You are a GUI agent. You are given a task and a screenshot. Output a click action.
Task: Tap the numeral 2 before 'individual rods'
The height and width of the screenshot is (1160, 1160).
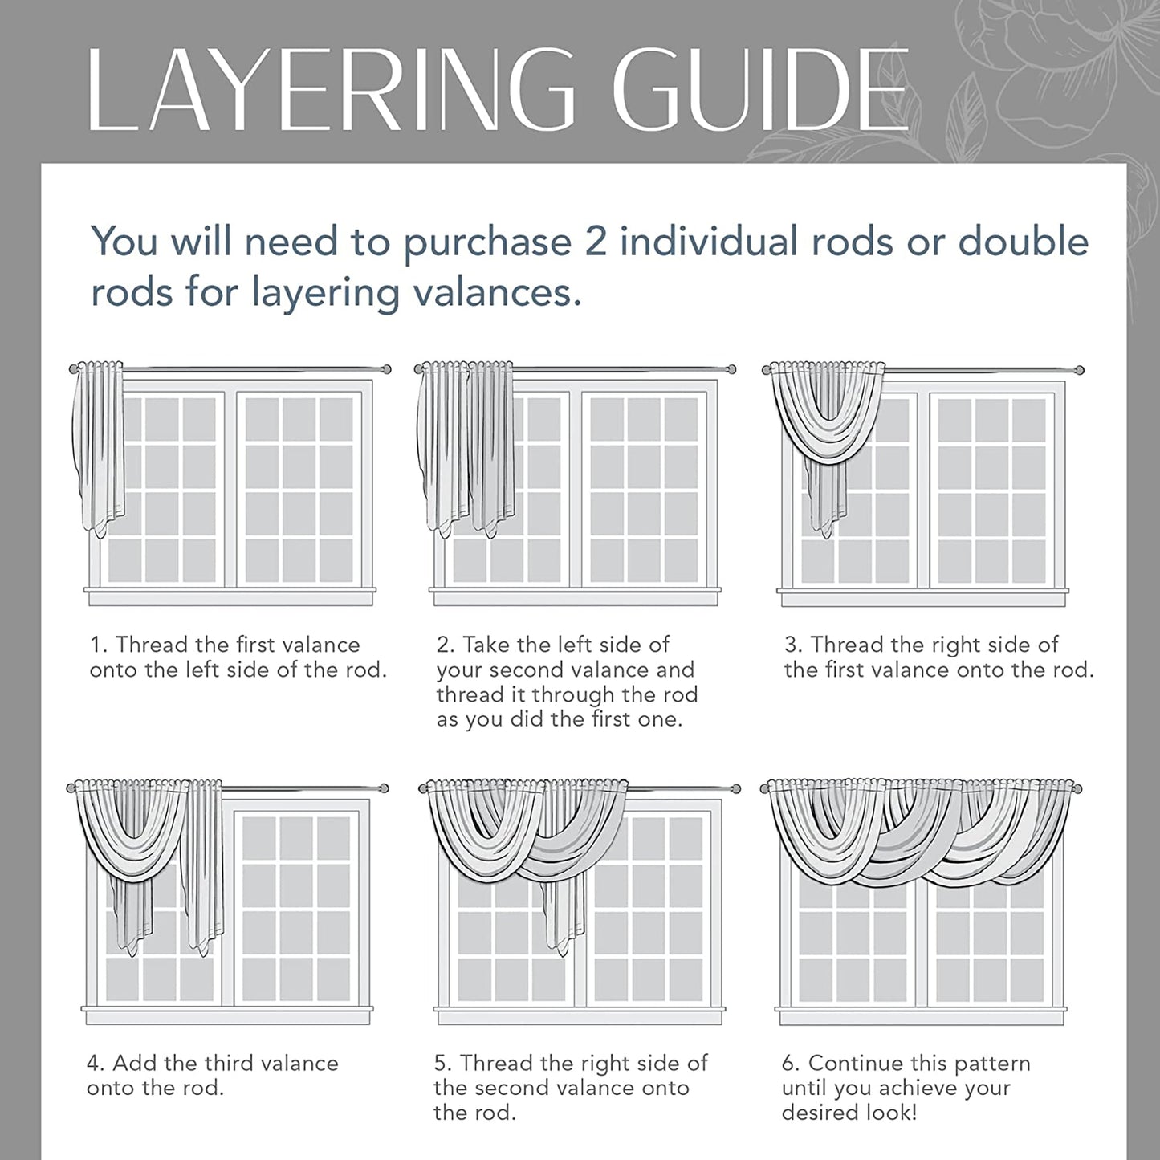point(596,242)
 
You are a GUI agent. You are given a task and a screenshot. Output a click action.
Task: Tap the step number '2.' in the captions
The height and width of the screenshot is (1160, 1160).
point(446,645)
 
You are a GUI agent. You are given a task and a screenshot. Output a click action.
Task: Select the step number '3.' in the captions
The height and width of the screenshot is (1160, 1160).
point(793,645)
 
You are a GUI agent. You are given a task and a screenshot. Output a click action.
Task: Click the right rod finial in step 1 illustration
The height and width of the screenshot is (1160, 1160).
point(386,369)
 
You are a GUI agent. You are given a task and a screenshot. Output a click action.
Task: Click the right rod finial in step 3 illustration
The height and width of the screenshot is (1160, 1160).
point(1080,369)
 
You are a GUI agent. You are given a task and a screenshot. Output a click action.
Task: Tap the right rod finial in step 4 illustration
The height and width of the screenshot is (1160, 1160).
point(384,788)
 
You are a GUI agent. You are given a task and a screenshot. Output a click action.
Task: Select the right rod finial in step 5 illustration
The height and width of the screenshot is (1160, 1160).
point(735,788)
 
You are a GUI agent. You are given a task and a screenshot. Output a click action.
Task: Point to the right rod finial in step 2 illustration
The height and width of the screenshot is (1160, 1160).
point(731,369)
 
